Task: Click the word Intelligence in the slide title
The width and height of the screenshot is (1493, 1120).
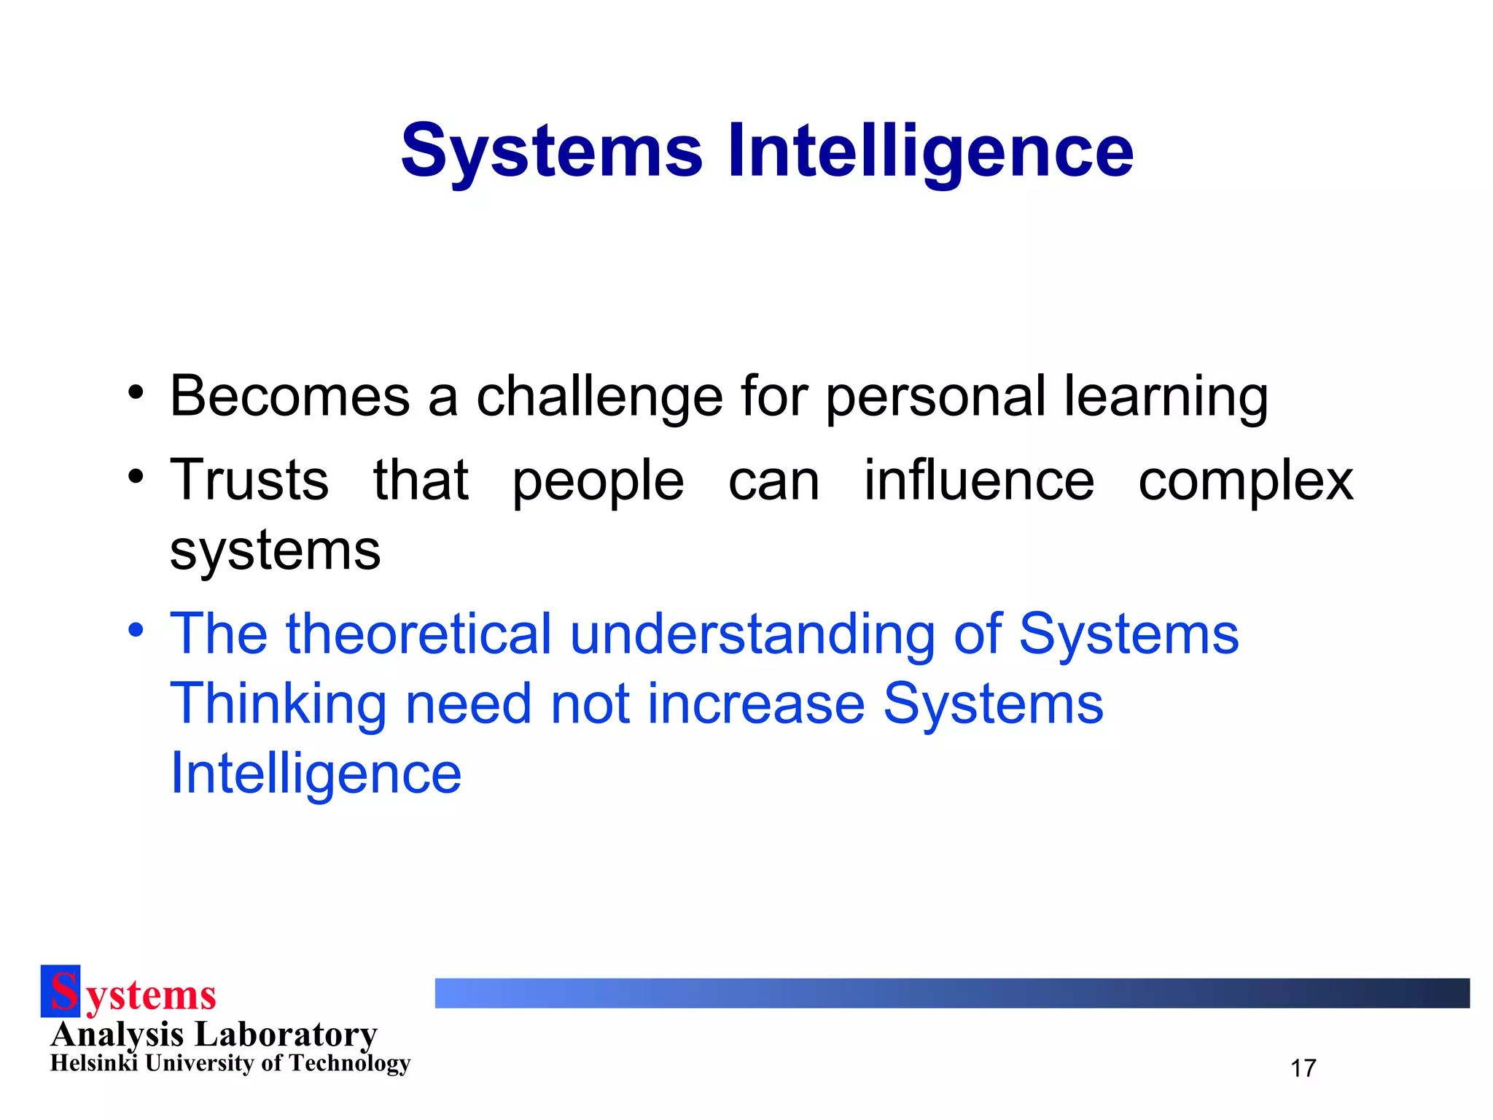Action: click(930, 151)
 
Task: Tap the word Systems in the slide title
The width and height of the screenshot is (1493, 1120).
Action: click(552, 151)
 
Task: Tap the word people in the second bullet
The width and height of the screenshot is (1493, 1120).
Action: click(598, 481)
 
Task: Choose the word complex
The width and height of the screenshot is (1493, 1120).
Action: click(1246, 481)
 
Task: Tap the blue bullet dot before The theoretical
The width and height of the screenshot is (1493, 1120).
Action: click(136, 629)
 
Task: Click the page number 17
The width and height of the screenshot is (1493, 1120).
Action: click(1303, 1068)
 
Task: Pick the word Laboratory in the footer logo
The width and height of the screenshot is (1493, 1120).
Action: click(286, 1034)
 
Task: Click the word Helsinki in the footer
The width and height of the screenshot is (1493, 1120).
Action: click(94, 1063)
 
